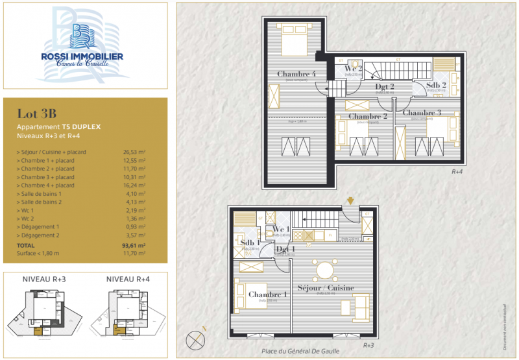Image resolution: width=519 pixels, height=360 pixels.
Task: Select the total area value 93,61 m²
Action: pos(134,246)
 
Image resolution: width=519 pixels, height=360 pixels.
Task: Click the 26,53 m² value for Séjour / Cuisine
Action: pos(134,152)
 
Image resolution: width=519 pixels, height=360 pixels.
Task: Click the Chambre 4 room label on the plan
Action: pos(296,73)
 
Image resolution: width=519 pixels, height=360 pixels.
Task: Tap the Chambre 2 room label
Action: pos(367,116)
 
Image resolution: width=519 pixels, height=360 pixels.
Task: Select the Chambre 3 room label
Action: pos(422,112)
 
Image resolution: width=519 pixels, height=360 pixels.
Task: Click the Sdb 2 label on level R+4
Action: pos(436,85)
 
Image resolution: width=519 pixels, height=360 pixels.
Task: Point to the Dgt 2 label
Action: pos(385,86)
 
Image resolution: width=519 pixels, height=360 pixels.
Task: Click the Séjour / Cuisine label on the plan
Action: pos(326,287)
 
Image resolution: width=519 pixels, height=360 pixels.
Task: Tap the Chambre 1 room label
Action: pos(267,294)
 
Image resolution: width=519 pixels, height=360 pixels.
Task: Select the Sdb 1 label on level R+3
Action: pos(250,243)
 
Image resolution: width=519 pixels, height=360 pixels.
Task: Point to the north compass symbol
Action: pos(195,339)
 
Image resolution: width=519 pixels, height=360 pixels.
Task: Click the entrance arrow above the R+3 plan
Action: pos(351,200)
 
